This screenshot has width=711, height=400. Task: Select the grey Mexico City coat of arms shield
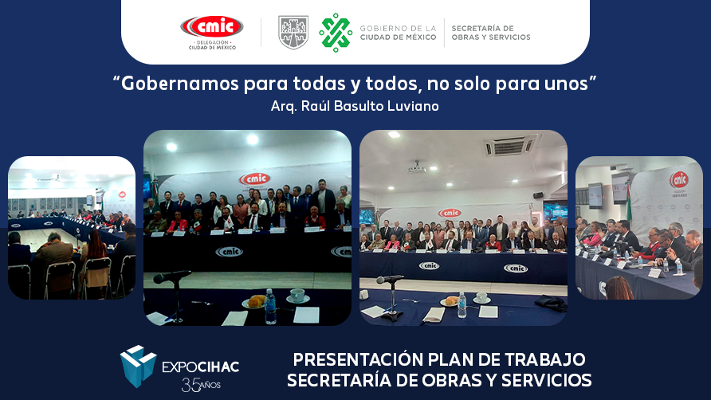pyautogui.click(x=293, y=32)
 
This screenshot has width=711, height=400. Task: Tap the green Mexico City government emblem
pyautogui.click(x=336, y=32)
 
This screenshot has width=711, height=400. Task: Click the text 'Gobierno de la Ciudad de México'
pyautogui.click(x=398, y=33)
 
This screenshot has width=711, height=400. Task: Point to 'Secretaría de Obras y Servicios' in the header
pyautogui.click(x=490, y=33)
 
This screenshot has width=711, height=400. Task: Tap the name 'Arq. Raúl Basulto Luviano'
pyautogui.click(x=355, y=105)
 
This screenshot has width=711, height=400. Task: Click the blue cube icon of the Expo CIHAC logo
pyautogui.click(x=138, y=364)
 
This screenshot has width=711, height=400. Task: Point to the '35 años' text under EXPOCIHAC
pyautogui.click(x=199, y=386)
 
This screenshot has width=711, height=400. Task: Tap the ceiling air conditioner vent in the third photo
pyautogui.click(x=511, y=146)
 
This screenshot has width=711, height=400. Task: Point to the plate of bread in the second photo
pyautogui.click(x=255, y=301)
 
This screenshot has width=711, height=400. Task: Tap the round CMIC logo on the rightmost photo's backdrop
pyautogui.click(x=678, y=179)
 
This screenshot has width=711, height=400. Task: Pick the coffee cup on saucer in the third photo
pyautogui.click(x=481, y=298)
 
